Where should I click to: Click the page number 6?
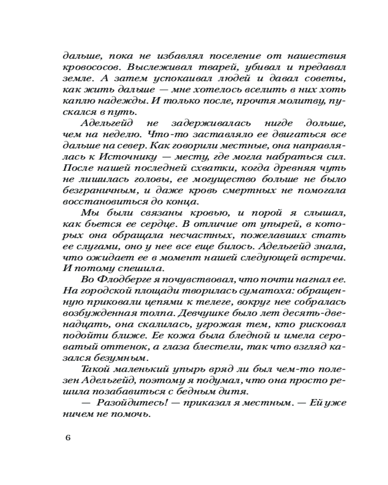click(x=68, y=438)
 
